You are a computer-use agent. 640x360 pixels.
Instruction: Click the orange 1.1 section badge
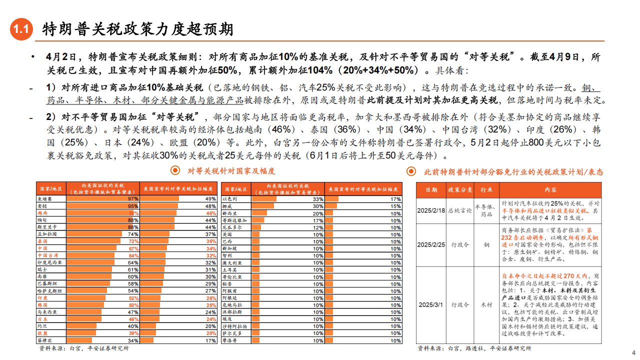pyautogui.click(x=21, y=29)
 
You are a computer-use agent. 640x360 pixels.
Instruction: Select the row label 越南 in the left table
pyautogui.click(x=42, y=213)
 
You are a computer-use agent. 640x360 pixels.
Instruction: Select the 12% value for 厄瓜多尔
pyautogui.click(x=318, y=227)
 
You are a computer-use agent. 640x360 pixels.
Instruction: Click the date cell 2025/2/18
pyautogui.click(x=431, y=211)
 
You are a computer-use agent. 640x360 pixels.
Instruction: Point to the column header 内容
pyautogui.click(x=550, y=190)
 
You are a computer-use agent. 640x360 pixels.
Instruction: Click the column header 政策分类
pyautogui.click(x=460, y=190)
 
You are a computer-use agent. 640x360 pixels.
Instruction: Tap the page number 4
pyautogui.click(x=633, y=351)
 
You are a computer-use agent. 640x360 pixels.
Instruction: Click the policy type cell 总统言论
pyautogui.click(x=460, y=211)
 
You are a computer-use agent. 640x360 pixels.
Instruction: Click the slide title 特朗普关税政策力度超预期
pyautogui.click(x=137, y=29)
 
